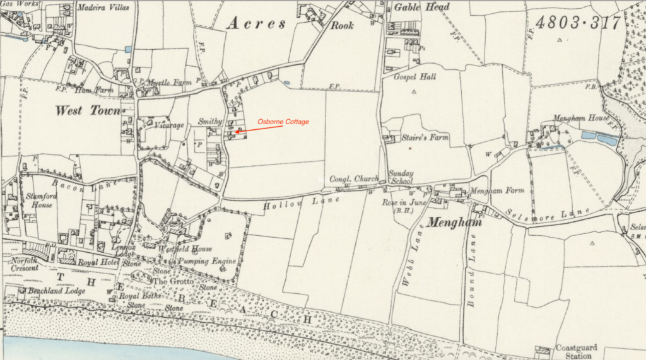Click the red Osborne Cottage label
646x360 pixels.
pyautogui.click(x=283, y=122)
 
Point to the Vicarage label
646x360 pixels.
pyautogui.click(x=169, y=125)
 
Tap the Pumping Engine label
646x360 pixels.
pyautogui.click(x=206, y=261)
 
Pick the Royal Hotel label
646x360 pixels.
pyautogui.click(x=95, y=262)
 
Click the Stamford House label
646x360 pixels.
pyautogui.click(x=42, y=200)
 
